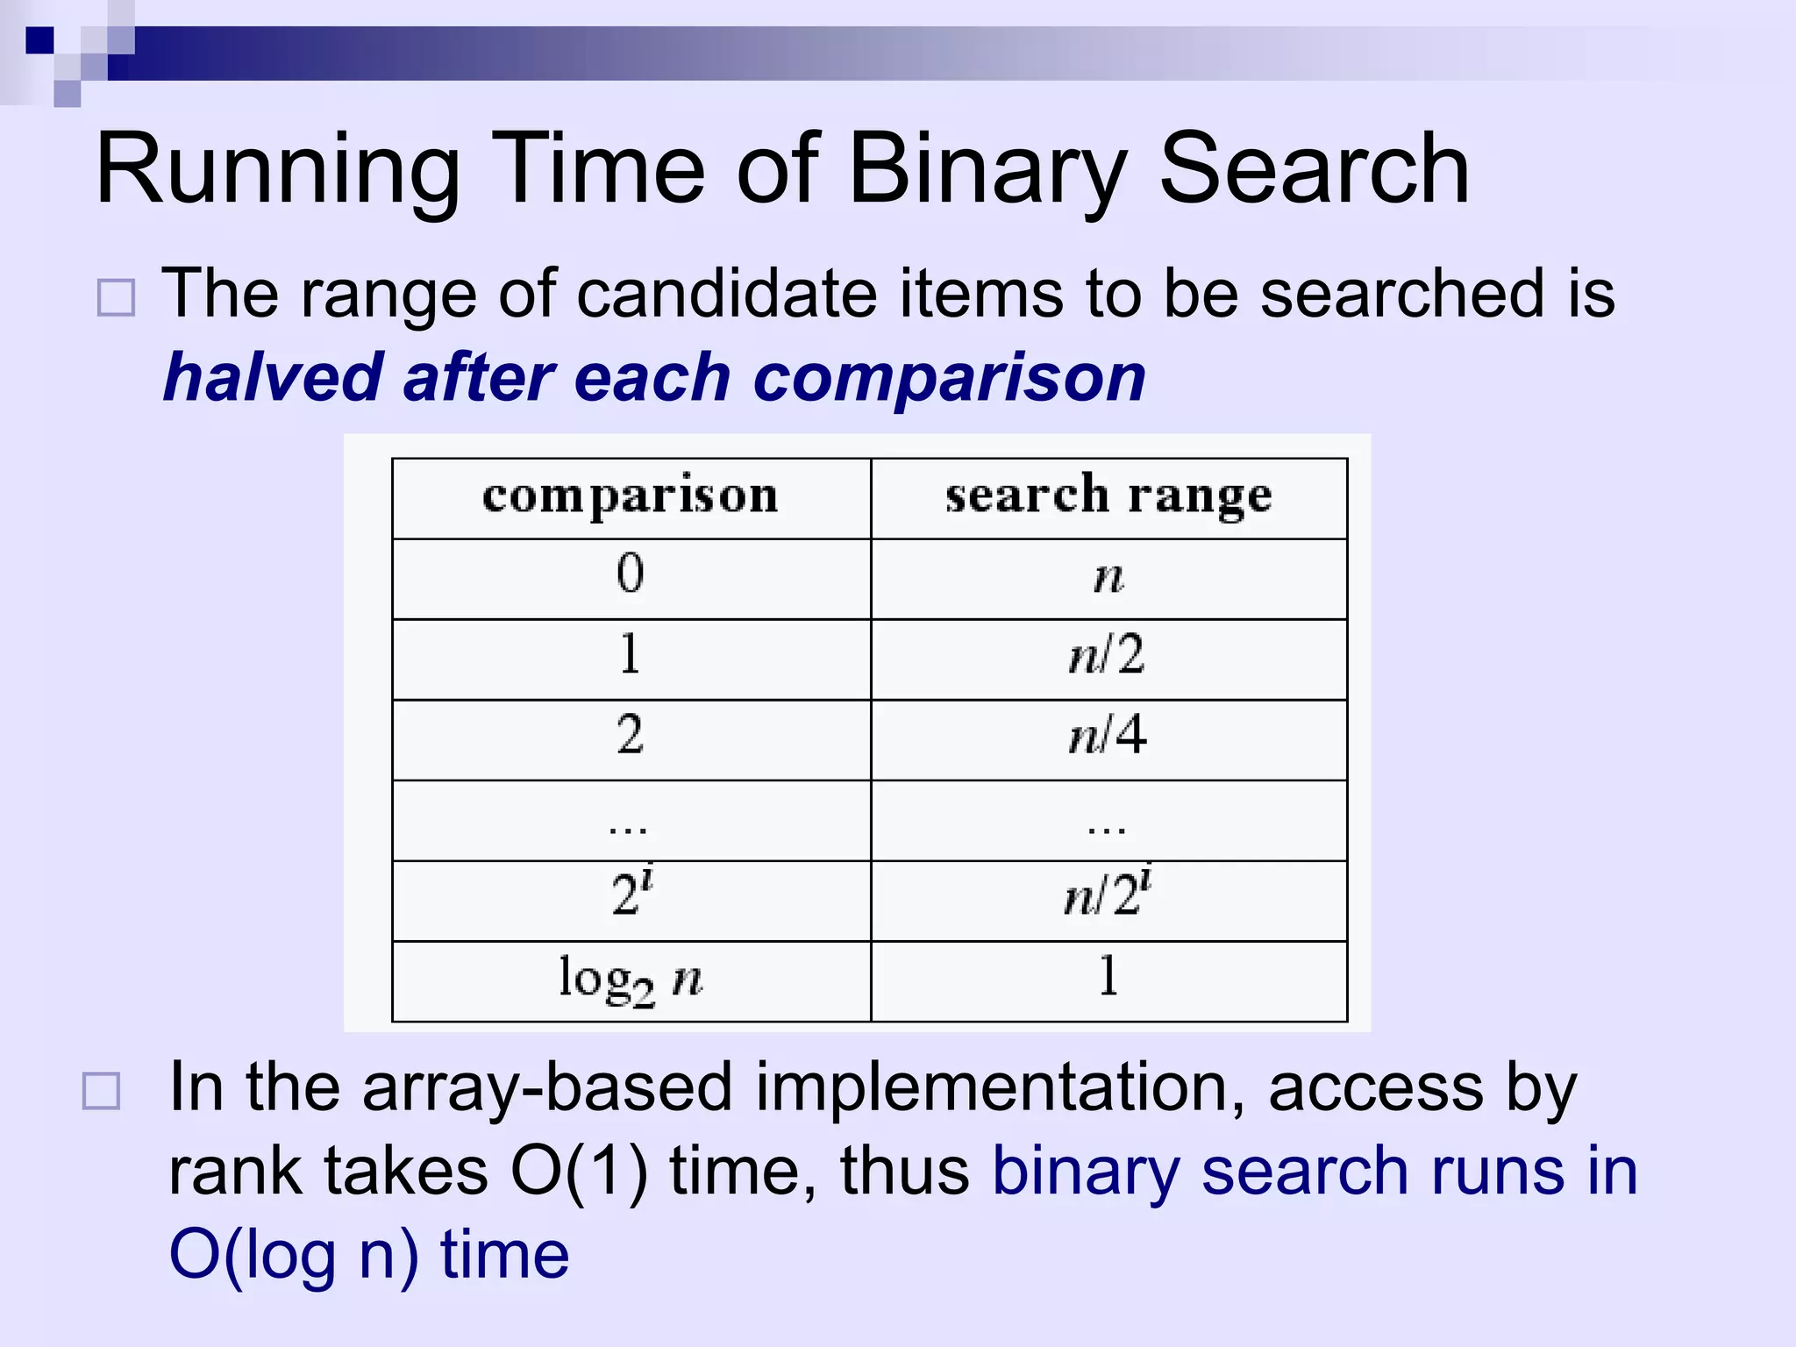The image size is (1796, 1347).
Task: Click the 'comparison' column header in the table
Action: click(x=631, y=496)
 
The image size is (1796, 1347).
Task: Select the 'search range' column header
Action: click(x=1108, y=496)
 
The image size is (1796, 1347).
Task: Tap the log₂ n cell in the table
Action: click(x=631, y=980)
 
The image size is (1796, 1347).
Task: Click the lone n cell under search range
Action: click(x=1108, y=578)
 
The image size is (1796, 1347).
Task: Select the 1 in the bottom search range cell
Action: click(x=1108, y=976)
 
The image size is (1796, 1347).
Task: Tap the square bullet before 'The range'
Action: click(x=116, y=298)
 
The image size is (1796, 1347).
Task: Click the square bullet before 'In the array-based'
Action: click(x=101, y=1092)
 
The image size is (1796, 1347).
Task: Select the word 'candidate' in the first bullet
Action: click(x=727, y=294)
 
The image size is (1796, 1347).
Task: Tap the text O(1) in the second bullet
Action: click(x=580, y=1172)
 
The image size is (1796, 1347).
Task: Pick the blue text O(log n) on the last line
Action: click(x=294, y=1255)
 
